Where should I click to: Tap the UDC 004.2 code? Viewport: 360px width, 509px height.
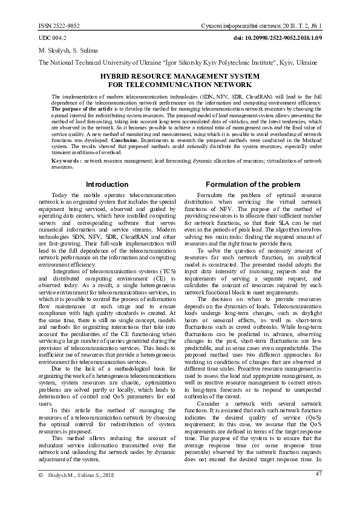point(53,38)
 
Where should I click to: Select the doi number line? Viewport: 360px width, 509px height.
point(281,38)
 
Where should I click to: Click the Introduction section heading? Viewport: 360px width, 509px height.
point(107,184)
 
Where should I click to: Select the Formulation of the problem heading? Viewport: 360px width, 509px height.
point(253,184)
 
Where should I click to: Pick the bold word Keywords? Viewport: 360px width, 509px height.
point(67,161)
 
